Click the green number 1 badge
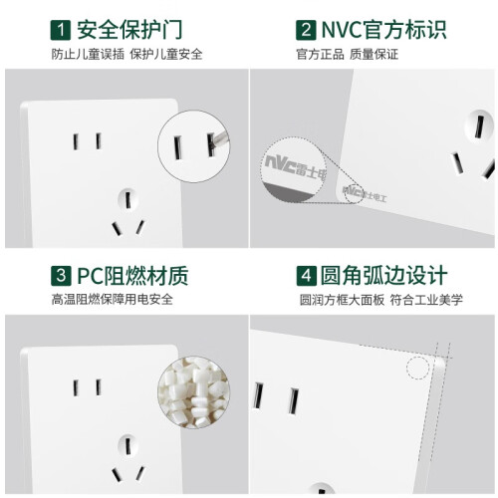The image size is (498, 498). tap(61, 30)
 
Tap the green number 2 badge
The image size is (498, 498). tap(306, 30)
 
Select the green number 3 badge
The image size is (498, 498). tap(61, 276)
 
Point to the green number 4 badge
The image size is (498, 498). tap(306, 276)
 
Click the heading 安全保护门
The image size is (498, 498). tap(129, 30)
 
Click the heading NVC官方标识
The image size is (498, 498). tap(384, 30)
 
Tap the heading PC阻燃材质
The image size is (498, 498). tap(132, 276)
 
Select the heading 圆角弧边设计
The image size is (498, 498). tap(383, 276)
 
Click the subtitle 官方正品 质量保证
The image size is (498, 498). tap(347, 55)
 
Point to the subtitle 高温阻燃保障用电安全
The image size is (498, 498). tap(113, 300)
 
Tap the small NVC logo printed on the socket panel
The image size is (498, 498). tap(365, 194)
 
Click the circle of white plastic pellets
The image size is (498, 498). tap(193, 392)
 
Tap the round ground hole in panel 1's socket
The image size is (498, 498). tap(127, 199)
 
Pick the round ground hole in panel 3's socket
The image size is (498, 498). tap(127, 445)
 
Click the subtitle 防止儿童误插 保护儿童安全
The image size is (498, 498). tap(126, 55)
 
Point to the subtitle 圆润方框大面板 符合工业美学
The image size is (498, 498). tap(381, 300)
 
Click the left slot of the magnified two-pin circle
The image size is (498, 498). tap(178, 147)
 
